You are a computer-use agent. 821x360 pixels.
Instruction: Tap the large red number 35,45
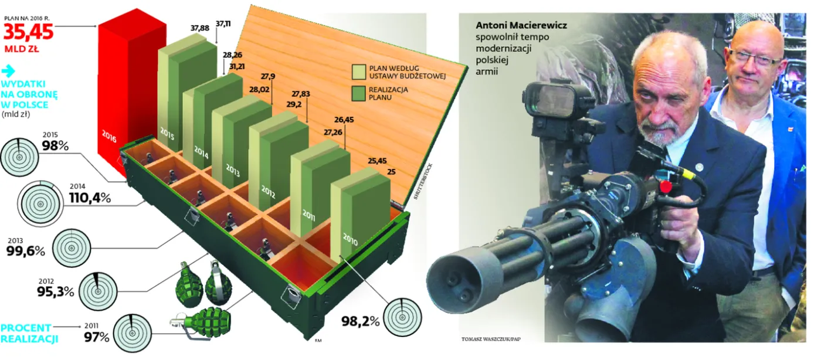click(x=37, y=31)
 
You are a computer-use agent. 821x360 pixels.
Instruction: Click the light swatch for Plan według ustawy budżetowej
click(x=358, y=72)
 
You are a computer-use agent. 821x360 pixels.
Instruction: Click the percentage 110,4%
click(x=89, y=198)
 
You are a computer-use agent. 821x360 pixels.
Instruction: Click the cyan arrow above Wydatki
click(x=8, y=71)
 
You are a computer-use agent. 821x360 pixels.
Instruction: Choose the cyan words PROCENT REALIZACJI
click(x=26, y=332)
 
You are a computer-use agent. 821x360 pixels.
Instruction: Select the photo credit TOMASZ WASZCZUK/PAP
click(x=486, y=339)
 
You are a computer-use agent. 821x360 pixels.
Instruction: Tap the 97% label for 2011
click(x=96, y=337)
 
